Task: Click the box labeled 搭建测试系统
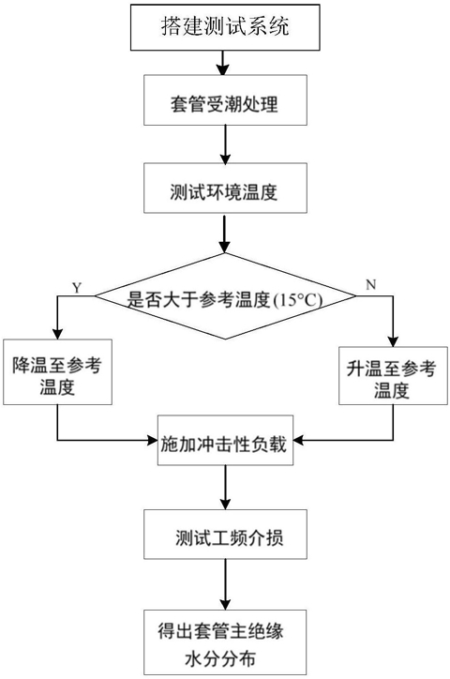pos(225,27)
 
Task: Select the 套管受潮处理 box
pos(225,100)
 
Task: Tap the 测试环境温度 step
pos(225,188)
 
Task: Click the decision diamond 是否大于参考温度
pos(225,296)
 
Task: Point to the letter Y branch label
pos(77,288)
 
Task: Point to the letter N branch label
pos(371,284)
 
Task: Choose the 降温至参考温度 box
pos(57,372)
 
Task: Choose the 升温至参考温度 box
pos(393,375)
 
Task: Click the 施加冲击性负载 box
pos(225,441)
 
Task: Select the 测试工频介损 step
pos(225,534)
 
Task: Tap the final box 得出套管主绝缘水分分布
pos(225,642)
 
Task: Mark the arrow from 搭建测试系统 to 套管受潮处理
pos(223,63)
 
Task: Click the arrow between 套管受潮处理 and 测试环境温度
pos(225,144)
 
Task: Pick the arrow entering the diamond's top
pos(224,233)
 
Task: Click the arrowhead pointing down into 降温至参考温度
pos(57,334)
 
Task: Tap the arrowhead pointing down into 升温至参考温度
pos(393,340)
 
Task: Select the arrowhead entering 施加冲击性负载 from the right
pos(299,441)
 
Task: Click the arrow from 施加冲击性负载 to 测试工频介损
pos(225,488)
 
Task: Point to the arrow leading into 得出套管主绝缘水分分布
pos(225,584)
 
